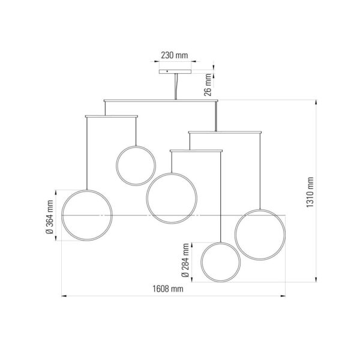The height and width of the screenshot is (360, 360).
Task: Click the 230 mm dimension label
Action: click(174, 55)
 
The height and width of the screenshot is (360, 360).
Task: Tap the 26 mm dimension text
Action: click(208, 85)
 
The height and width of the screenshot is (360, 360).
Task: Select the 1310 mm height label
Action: click(310, 192)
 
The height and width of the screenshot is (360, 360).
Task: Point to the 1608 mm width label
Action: click(168, 289)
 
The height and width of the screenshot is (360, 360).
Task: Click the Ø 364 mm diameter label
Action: click(50, 217)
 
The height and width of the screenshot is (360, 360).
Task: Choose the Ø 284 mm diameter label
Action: click(185, 260)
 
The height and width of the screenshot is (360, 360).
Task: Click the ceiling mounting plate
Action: click(175, 71)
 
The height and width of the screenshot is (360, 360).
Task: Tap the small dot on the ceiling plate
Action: click(167, 71)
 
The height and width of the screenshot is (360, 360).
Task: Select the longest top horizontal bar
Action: click(161, 101)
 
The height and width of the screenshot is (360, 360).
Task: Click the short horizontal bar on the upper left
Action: click(112, 116)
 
